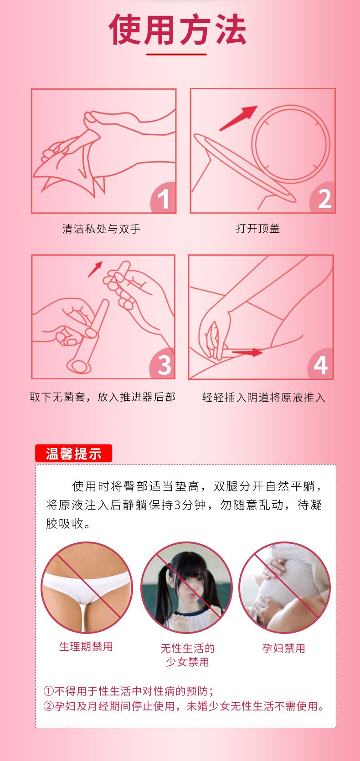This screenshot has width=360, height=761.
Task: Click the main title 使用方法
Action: (x=177, y=30)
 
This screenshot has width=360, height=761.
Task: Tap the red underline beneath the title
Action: (x=176, y=54)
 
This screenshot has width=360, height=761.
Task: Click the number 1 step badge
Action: (x=164, y=198)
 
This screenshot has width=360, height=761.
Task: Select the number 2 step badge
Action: (x=323, y=198)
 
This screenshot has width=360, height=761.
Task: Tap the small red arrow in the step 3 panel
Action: (x=95, y=269)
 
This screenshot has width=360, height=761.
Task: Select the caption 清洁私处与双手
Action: (x=101, y=229)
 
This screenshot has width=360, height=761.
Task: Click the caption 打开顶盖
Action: (x=257, y=228)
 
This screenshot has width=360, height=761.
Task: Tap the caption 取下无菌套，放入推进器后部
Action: (x=103, y=397)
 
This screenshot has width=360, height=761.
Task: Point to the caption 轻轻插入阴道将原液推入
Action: (x=263, y=397)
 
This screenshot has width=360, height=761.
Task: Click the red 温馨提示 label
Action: (x=73, y=453)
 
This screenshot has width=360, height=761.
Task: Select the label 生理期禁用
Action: (x=86, y=646)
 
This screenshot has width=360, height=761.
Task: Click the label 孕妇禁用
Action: (x=283, y=648)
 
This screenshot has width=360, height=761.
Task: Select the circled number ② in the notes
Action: (x=49, y=706)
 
